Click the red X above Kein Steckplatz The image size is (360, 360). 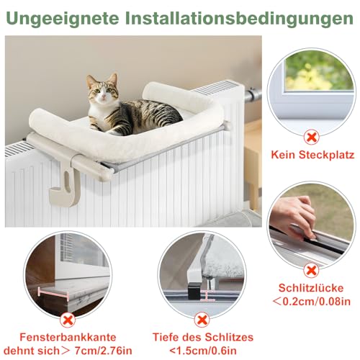click(x=312, y=135)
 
